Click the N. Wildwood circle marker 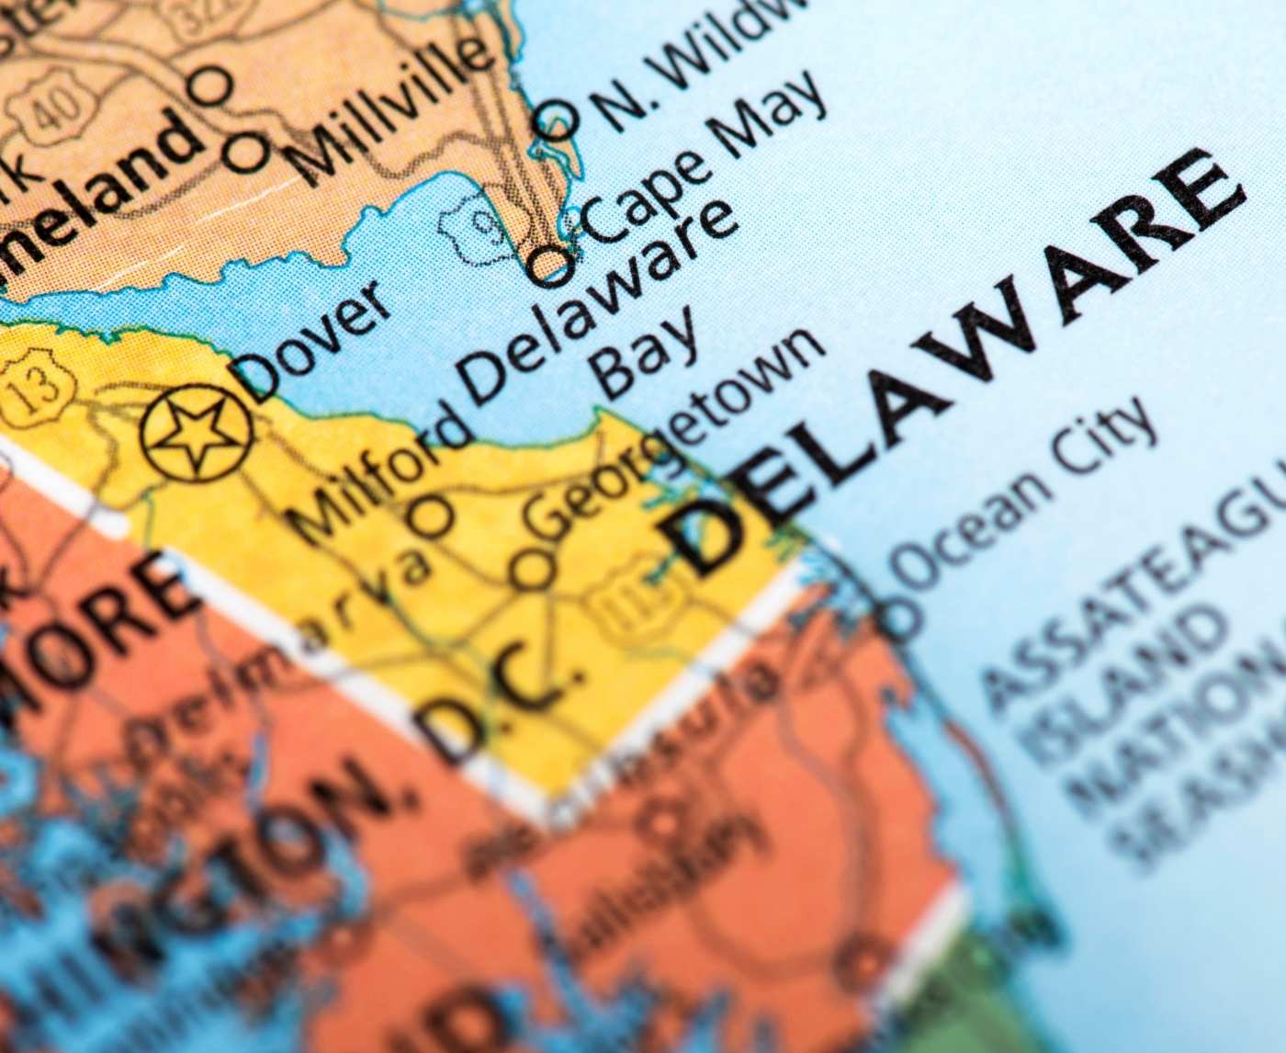point(557,119)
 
